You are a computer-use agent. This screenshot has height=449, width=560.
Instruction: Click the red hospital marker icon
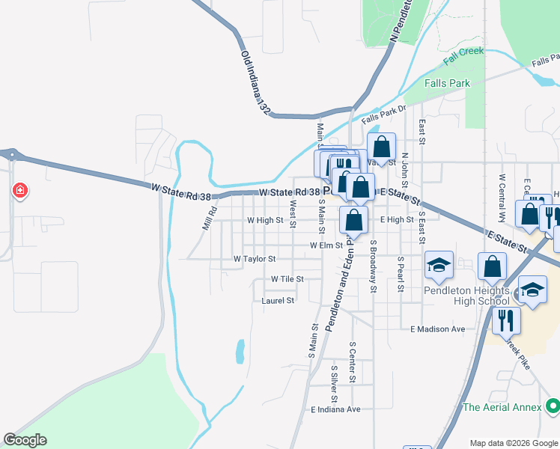tap(19, 191)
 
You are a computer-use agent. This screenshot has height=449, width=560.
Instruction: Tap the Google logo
tap(25, 440)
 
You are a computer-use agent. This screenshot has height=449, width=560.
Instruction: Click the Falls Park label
tap(447, 83)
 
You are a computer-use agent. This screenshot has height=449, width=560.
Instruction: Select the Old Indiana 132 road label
tap(255, 82)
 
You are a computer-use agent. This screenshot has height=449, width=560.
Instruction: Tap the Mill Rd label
tap(209, 219)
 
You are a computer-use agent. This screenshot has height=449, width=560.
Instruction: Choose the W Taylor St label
tap(255, 258)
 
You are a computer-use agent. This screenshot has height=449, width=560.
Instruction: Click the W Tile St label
tap(287, 278)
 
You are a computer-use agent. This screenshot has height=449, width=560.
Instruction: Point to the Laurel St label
tap(278, 300)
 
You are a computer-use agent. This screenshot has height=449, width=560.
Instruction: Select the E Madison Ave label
tap(438, 329)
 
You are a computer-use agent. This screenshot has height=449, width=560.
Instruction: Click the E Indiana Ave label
tap(335, 409)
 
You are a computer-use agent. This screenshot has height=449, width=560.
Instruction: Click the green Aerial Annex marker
tap(553, 406)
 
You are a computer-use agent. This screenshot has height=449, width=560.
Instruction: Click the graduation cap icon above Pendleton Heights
tap(439, 264)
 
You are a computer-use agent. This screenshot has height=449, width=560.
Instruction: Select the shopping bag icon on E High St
tap(354, 219)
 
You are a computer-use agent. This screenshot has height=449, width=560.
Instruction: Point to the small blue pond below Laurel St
tap(240, 351)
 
